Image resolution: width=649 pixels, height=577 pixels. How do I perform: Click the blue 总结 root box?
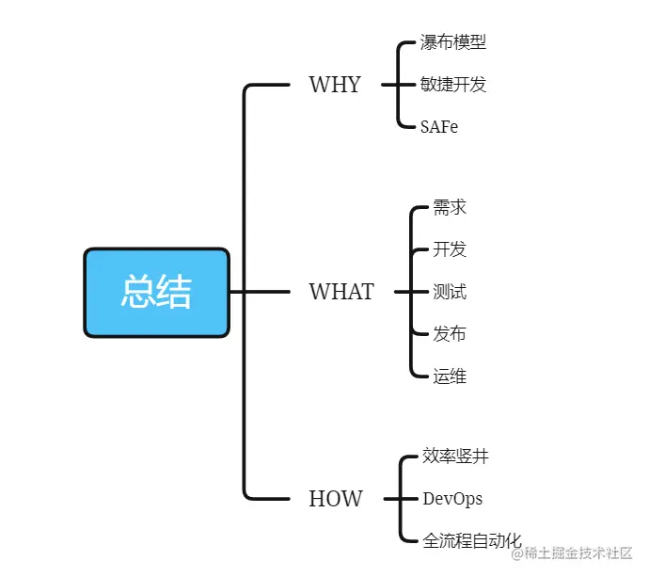pyautogui.click(x=156, y=293)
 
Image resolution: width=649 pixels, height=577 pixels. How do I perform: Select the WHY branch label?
pyautogui.click(x=335, y=85)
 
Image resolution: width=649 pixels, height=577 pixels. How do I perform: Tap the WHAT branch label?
pyautogui.click(x=341, y=292)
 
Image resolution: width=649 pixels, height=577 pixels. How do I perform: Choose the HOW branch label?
pyautogui.click(x=335, y=499)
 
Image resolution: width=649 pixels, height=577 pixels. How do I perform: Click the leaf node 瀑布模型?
pyautogui.click(x=453, y=42)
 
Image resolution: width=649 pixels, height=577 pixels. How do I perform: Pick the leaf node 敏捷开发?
pyautogui.click(x=453, y=85)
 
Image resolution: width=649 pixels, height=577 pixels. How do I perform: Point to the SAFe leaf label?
pyautogui.click(x=440, y=127)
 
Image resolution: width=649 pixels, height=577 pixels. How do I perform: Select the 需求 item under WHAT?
pyautogui.click(x=450, y=207)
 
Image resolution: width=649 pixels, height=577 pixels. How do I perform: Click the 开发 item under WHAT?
pyautogui.click(x=450, y=249)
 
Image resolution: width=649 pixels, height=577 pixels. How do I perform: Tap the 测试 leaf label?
pyautogui.click(x=450, y=292)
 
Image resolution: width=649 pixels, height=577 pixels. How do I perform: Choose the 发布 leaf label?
pyautogui.click(x=450, y=334)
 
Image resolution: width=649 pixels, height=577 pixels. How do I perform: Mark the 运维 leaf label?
pyautogui.click(x=450, y=377)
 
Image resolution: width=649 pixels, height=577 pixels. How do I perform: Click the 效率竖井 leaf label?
pyautogui.click(x=455, y=457)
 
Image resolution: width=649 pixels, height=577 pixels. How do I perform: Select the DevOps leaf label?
pyautogui.click(x=452, y=499)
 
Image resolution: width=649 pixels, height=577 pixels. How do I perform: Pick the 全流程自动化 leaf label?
pyautogui.click(x=472, y=541)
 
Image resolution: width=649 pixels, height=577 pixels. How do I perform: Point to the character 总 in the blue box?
pyautogui.click(x=137, y=293)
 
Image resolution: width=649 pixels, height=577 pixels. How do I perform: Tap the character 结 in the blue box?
pyautogui.click(x=174, y=293)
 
